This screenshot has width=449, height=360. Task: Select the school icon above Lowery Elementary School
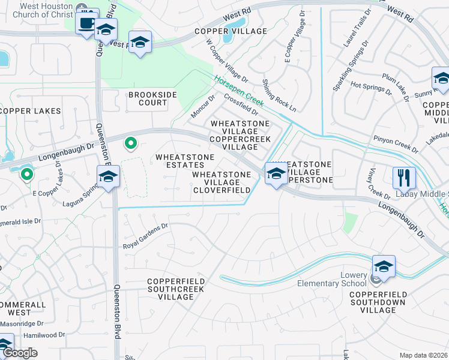point(384,266)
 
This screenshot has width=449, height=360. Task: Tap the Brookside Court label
point(148,99)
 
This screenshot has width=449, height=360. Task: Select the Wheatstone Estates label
point(185,161)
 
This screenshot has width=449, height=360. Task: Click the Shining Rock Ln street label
point(279,94)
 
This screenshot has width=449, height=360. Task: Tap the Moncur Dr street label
point(203,106)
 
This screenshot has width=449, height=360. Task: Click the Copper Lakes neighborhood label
point(31,111)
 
